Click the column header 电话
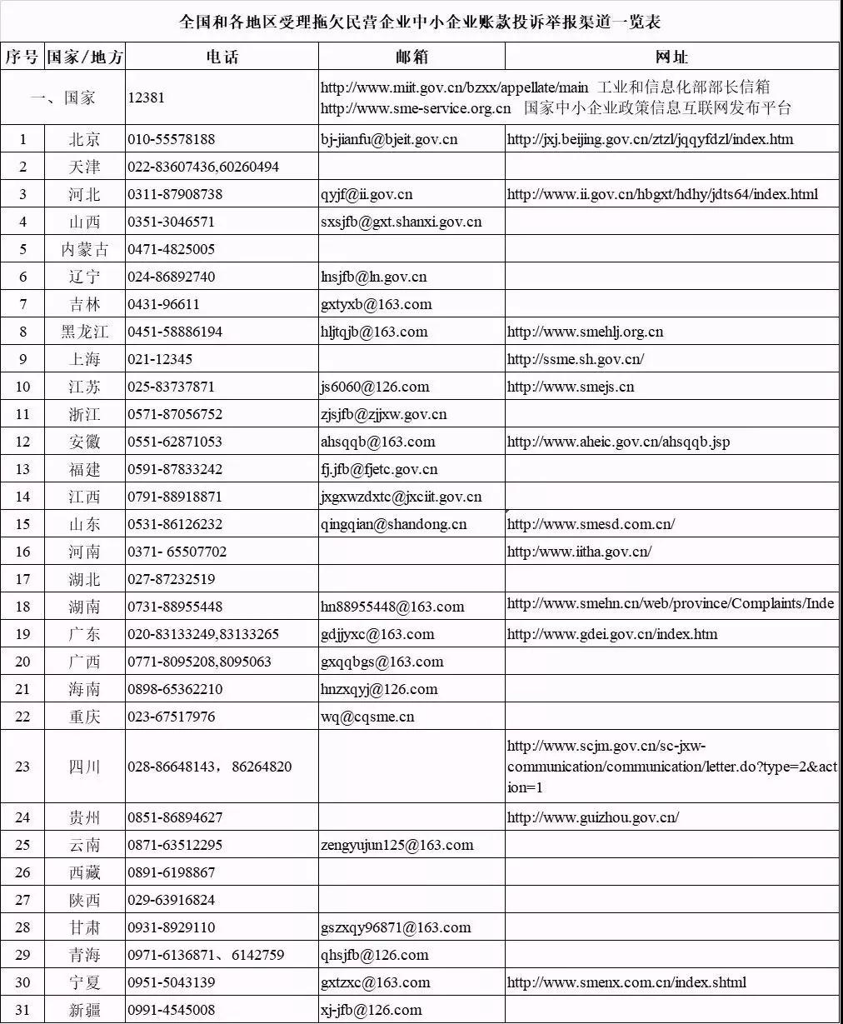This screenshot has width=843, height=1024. (222, 57)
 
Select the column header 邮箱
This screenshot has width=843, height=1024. (412, 57)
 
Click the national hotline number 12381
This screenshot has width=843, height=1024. (147, 97)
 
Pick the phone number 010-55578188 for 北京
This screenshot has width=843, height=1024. (171, 139)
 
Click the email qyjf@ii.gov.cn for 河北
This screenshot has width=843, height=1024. (367, 194)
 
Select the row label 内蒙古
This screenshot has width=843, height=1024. (85, 249)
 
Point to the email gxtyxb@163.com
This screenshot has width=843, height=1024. (377, 304)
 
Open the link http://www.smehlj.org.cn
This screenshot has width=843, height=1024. (585, 332)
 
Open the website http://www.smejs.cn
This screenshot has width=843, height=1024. (571, 387)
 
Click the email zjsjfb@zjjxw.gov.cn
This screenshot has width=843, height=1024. (383, 414)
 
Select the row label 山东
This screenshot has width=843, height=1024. (85, 524)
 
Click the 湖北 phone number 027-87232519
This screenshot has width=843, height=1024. (171, 579)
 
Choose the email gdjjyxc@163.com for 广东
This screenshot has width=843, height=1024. (377, 634)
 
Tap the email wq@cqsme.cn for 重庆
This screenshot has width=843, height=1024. (367, 717)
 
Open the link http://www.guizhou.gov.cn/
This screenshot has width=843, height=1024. (592, 817)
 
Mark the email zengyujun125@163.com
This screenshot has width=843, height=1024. (397, 845)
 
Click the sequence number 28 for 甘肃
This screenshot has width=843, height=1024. (22, 927)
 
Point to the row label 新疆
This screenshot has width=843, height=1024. (85, 1010)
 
